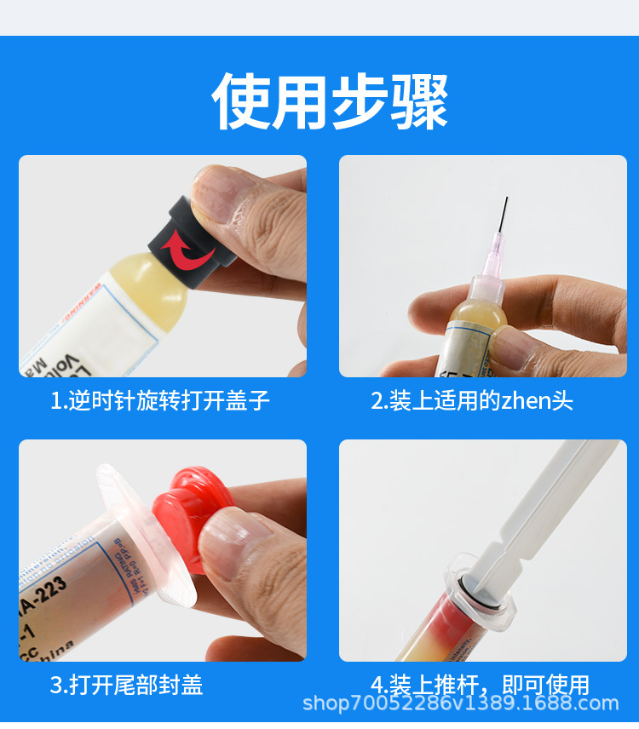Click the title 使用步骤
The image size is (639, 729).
[331, 100]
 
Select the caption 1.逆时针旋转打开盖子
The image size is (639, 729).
[160, 400]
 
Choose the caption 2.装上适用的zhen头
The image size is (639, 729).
[472, 400]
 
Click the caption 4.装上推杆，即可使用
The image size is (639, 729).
[481, 684]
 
